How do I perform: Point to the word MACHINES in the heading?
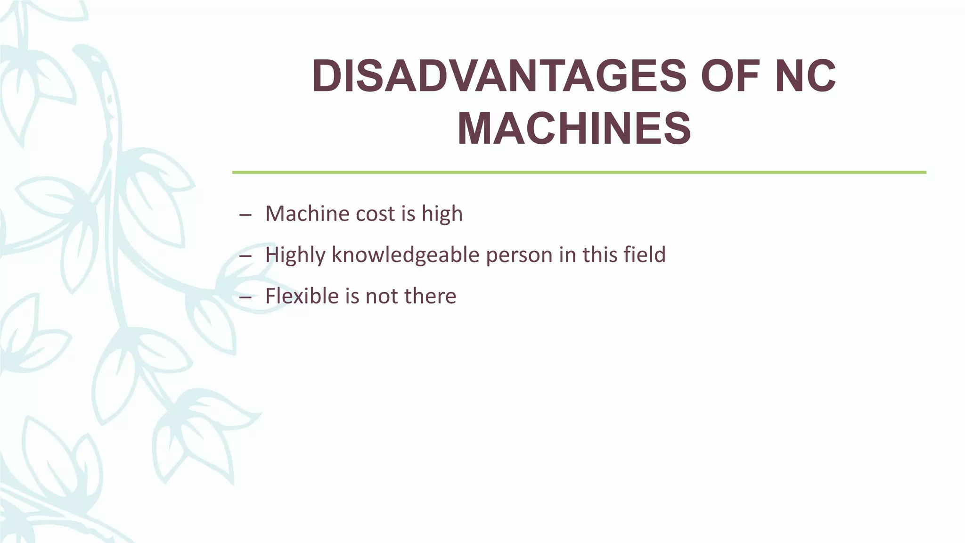coord(574,129)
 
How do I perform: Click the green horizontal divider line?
coord(579,173)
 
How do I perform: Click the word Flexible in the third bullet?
coord(302,296)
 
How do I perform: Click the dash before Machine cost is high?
coord(245,215)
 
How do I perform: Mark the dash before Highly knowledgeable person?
coord(245,256)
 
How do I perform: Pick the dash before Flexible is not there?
coord(245,297)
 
